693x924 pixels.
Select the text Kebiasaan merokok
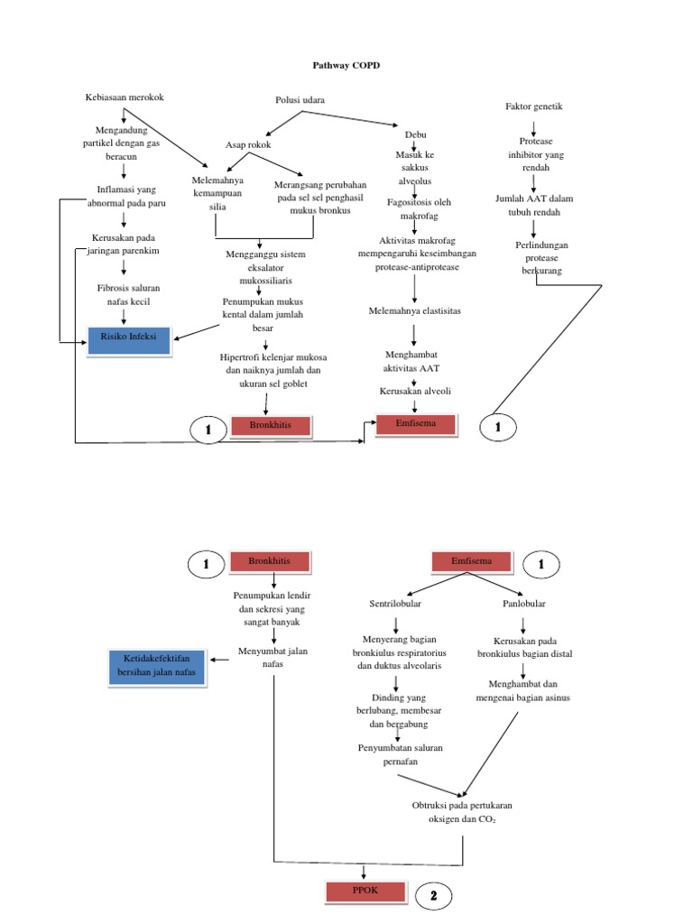[x=124, y=97]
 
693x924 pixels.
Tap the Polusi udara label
[x=300, y=99]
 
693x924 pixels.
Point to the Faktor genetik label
[x=534, y=106]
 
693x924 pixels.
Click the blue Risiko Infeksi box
[x=129, y=337]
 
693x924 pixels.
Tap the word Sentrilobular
[x=395, y=603]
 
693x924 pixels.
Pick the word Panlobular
[x=524, y=603]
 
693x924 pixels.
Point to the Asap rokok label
[x=248, y=144]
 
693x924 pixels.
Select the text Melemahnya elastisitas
[x=414, y=310]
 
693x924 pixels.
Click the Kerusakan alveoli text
[x=415, y=391]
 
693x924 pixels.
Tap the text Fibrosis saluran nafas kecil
[x=123, y=295]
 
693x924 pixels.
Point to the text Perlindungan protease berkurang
[x=535, y=257]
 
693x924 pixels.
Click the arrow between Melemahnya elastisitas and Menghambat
[x=414, y=334]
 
